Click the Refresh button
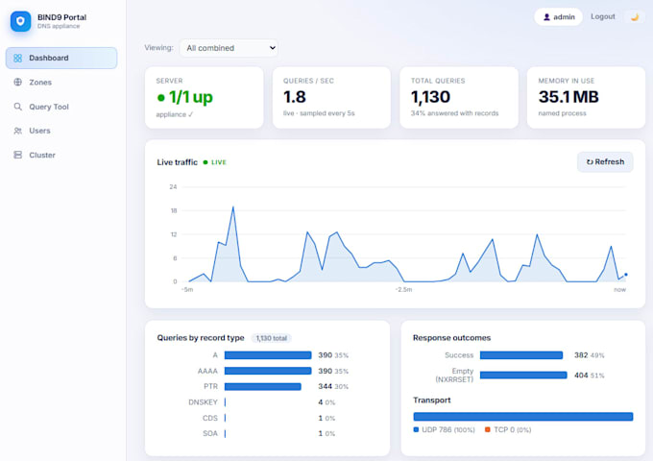pos(605,162)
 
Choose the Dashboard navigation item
pos(61,58)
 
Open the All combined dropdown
pos(230,48)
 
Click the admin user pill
pos(559,17)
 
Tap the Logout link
pos(603,16)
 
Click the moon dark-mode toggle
pos(635,17)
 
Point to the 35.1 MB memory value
pos(568,97)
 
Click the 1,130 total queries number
pos(430,97)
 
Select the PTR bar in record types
pos(263,386)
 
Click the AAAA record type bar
pos(268,371)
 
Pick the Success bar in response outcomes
pos(521,355)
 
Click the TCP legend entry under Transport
pos(508,429)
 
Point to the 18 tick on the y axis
pos(174,210)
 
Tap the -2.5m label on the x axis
pos(403,289)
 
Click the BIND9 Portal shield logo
pos(20,21)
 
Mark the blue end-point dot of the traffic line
pos(625,275)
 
